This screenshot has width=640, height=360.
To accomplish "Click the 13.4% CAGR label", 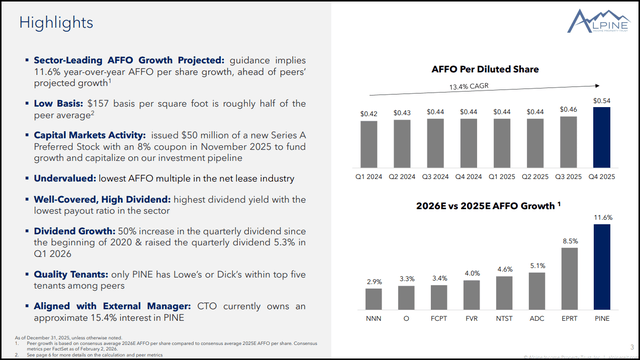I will pyautogui.click(x=480, y=87).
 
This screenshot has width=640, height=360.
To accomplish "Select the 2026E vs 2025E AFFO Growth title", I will pyautogui.click(x=480, y=206).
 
